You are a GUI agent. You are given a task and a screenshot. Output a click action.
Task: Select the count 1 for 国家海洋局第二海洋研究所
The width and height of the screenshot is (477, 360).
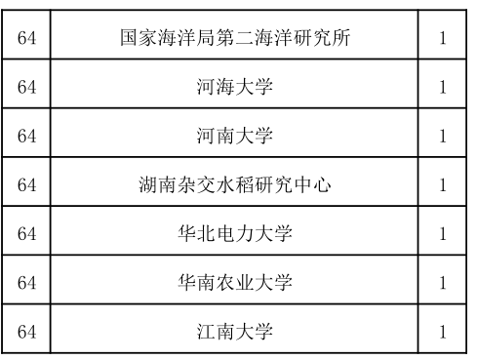pyautogui.click(x=443, y=39)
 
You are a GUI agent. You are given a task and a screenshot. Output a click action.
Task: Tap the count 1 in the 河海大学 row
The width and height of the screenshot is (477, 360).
pyautogui.click(x=443, y=88)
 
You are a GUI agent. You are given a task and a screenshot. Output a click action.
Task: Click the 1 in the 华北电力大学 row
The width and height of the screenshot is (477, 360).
pyautogui.click(x=443, y=234)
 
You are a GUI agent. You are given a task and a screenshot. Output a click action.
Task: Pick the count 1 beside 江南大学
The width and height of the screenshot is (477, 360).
pyautogui.click(x=443, y=331)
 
